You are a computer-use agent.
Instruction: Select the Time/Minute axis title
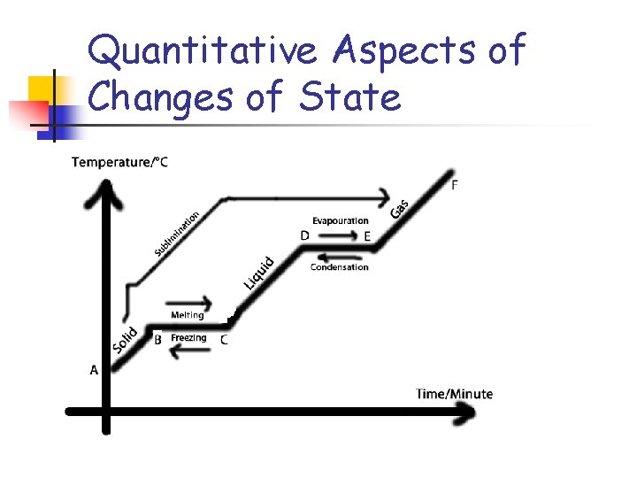(455, 394)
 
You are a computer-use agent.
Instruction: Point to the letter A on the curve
(94, 371)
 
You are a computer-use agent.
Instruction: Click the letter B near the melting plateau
(157, 339)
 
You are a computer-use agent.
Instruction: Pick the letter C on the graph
(224, 339)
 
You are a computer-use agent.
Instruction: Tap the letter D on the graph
(304, 235)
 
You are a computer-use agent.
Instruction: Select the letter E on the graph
(367, 236)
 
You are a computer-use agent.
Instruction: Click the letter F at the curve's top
(455, 185)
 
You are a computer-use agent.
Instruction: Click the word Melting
(187, 315)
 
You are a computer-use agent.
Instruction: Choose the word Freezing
(188, 338)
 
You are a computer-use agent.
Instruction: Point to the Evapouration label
(340, 220)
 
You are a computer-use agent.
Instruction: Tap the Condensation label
(340, 267)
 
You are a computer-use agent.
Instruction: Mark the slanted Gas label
(400, 208)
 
